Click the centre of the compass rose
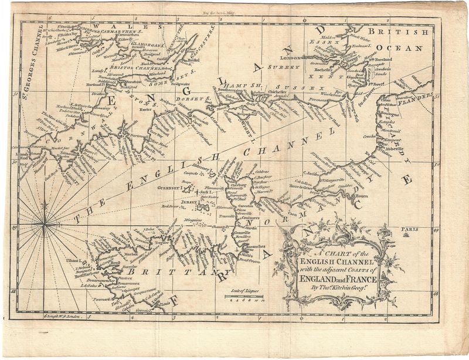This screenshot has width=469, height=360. (x=45, y=223)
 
